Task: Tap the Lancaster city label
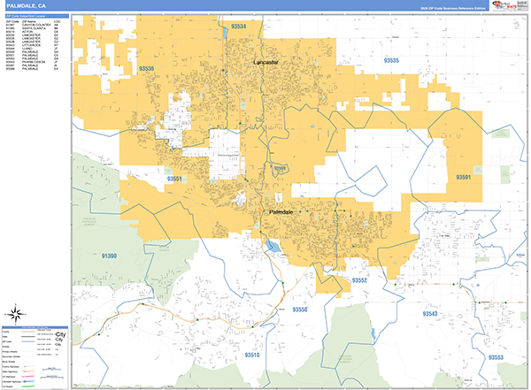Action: point(265,63)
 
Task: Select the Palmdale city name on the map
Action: point(281,213)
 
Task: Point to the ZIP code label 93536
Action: point(150,67)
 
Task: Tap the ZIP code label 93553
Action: point(494,357)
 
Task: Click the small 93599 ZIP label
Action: point(280,167)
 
